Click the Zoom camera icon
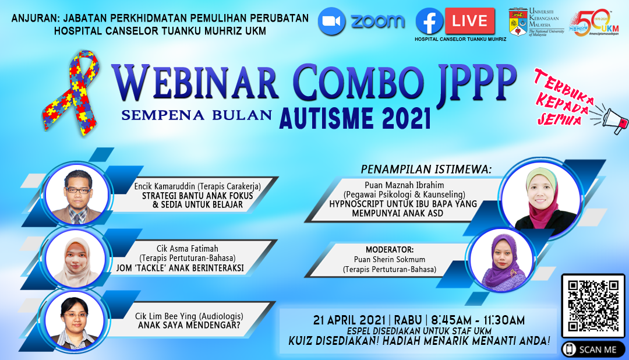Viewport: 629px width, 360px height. (332, 22)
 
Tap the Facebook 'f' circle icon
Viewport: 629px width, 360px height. (429, 22)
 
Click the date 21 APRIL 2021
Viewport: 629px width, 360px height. (349, 320)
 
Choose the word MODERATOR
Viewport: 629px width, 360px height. (390, 250)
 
